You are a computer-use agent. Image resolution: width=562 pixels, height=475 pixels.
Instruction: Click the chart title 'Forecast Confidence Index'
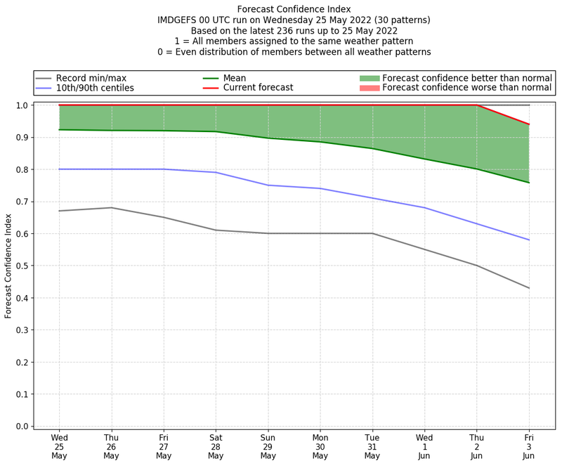point(294,9)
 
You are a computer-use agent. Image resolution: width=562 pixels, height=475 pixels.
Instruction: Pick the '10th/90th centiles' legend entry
point(95,88)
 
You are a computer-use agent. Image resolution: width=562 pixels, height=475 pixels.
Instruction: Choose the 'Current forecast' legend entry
point(258,88)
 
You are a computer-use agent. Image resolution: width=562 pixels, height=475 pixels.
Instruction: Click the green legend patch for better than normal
point(370,78)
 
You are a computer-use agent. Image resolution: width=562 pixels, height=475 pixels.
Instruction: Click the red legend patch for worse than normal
point(370,88)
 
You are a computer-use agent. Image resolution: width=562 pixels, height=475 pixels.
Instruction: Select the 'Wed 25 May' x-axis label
point(59,446)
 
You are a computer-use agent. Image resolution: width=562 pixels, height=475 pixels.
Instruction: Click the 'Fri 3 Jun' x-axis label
point(528,446)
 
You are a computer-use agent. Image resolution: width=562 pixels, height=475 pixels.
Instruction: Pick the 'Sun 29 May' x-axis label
point(268,446)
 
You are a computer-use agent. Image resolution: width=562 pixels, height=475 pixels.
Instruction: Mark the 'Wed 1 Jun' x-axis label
point(424,446)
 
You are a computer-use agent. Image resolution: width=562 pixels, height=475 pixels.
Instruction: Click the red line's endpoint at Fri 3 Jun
point(528,124)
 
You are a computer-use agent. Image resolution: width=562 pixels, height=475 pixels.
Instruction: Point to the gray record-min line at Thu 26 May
point(111,207)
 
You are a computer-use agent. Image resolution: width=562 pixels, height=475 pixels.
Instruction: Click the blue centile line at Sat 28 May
point(216,172)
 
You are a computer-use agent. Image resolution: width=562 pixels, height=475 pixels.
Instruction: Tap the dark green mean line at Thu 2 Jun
point(476,169)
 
